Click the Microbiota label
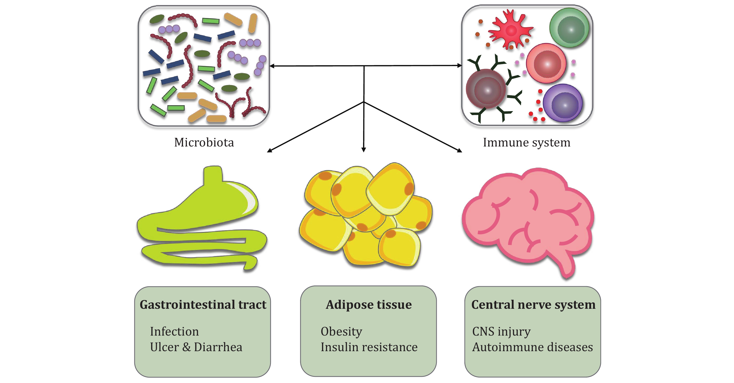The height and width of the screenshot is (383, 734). point(204,142)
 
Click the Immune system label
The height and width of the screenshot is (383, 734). point(526,142)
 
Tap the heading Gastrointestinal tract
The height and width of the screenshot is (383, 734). point(203,305)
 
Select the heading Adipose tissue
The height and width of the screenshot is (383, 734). point(369,305)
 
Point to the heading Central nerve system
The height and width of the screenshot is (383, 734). point(533,305)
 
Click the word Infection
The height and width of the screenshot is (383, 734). point(174,331)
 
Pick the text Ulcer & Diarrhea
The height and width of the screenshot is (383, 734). point(196,347)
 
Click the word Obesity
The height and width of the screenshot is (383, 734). point(341,331)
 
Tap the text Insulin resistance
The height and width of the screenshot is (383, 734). point(369,347)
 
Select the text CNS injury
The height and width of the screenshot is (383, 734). point(501,331)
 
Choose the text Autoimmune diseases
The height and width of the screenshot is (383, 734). point(532,347)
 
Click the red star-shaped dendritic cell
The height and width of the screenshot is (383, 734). point(510,30)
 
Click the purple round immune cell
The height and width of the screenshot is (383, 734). point(563,103)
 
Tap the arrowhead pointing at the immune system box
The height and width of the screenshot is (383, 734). point(459,65)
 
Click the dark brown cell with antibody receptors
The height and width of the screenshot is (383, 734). point(486,89)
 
